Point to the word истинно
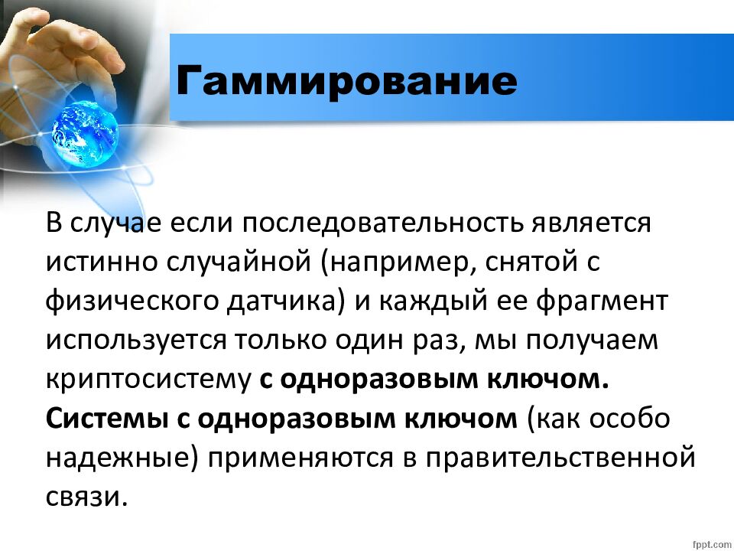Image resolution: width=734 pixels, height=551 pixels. click(98, 262)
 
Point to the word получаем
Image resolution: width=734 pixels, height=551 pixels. click(598, 340)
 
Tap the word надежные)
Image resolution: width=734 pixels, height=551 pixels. click(122, 458)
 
